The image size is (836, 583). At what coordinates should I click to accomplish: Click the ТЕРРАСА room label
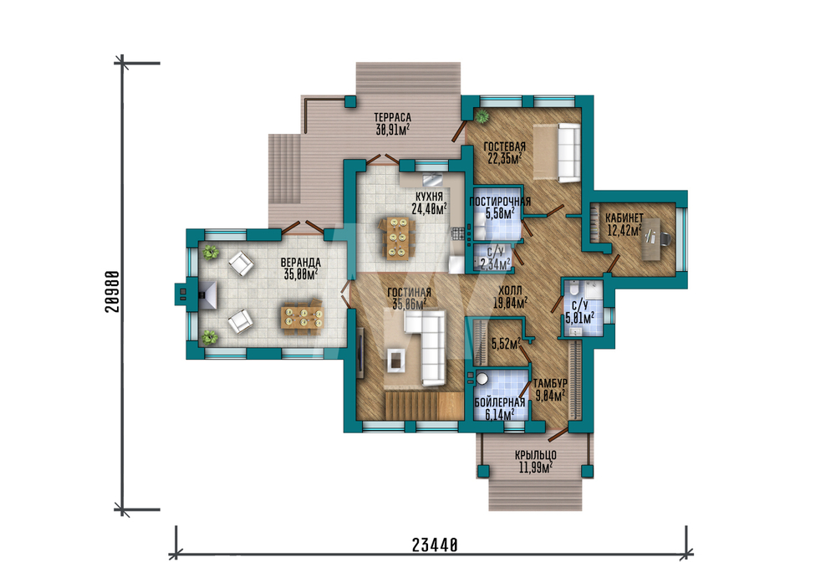392,117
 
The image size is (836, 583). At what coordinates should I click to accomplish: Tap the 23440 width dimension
435,545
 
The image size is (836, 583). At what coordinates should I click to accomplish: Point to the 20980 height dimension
113,291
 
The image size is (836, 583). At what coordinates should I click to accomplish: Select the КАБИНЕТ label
624,218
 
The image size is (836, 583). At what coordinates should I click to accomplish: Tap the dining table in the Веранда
303,317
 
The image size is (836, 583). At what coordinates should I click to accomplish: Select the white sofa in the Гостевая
568,153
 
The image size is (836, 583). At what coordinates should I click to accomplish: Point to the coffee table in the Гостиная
395,359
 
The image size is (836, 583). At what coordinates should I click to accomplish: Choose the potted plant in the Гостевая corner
482,116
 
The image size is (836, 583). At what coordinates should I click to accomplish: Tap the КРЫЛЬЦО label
536,455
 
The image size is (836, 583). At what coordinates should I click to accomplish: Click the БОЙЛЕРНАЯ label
500,402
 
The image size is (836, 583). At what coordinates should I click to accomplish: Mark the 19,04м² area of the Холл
510,304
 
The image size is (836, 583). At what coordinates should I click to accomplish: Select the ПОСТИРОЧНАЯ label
500,202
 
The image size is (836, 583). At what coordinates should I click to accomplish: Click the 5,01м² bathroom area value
580,319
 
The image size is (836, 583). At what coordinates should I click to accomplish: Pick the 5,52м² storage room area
506,344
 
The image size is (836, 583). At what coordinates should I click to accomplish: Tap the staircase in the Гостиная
423,406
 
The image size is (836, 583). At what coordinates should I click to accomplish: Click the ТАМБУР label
550,384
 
